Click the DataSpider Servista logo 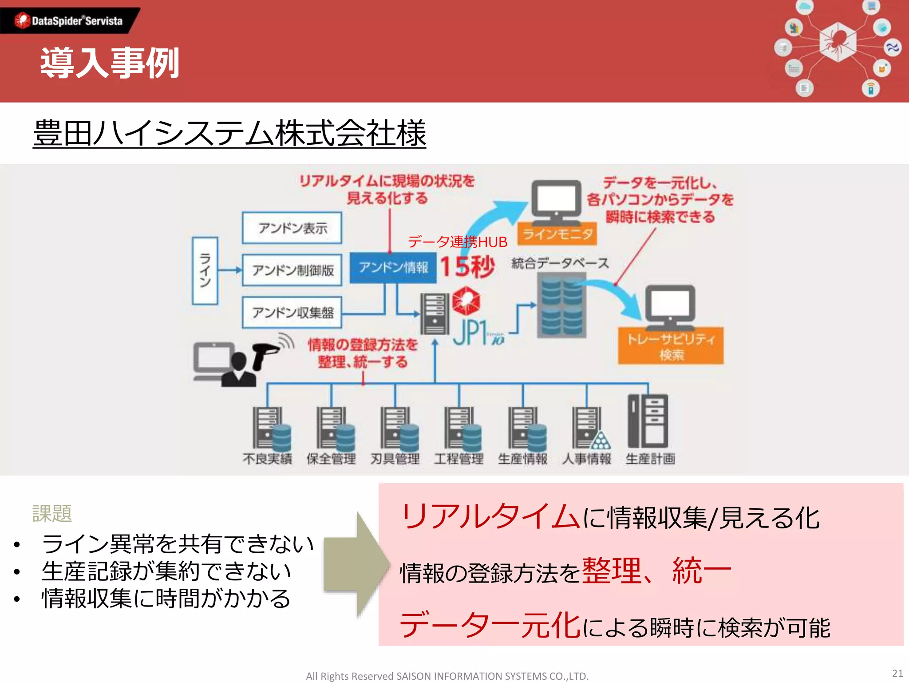pos(69,20)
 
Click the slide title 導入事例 pos(110,63)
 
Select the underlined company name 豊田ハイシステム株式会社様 pos(229,133)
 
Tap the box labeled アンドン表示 pos(292,228)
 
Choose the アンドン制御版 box pos(292,270)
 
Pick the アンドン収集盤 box pos(292,313)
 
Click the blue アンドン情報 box pos(393,267)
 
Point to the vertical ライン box pos(205,270)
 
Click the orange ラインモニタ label pos(557,234)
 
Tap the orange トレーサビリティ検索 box pos(671,346)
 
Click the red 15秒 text pos(467,267)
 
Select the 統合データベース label pos(560,263)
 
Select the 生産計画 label pos(650,458)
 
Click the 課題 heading pos(52,513)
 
